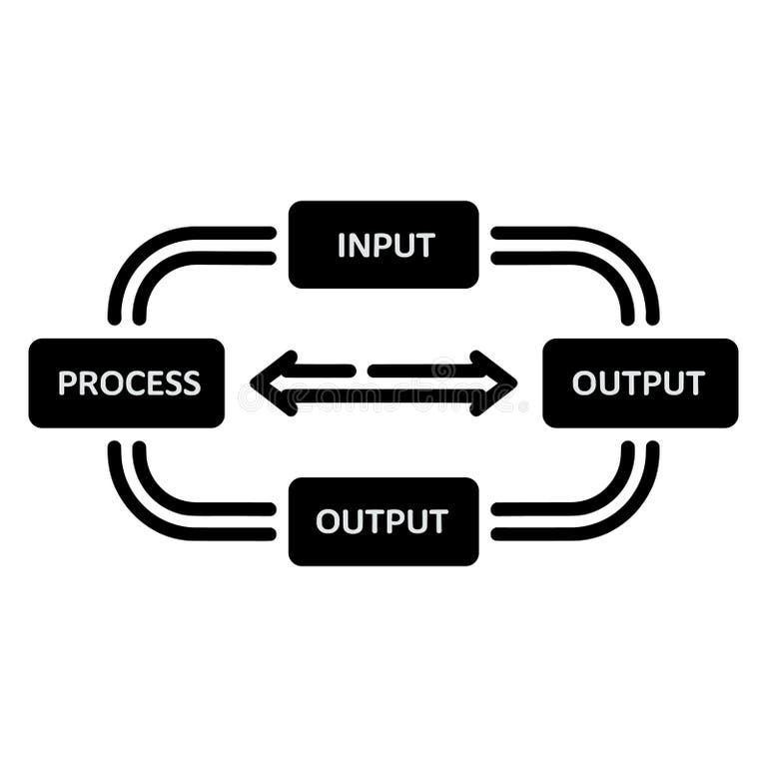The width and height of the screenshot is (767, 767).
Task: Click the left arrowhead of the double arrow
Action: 273,383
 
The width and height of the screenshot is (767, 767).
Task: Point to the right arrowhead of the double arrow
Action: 496,383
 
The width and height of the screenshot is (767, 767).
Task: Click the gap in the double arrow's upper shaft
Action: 362,371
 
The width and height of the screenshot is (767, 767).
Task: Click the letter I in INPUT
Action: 342,246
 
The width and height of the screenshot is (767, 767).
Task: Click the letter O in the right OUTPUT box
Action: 584,383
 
